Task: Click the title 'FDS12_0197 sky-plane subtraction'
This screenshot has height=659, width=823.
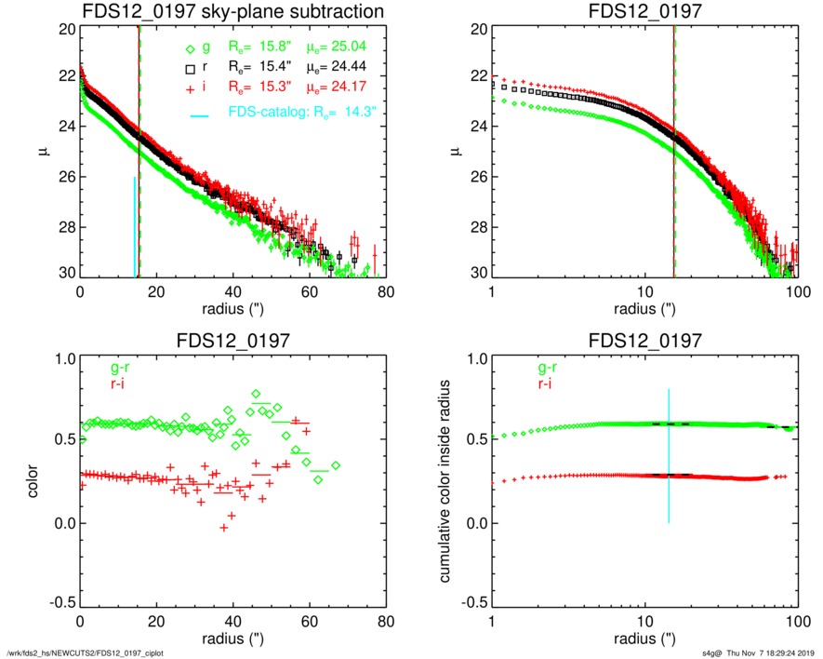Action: coord(232,12)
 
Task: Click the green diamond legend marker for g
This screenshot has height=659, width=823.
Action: coord(191,49)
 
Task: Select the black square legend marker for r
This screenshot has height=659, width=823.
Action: coord(191,70)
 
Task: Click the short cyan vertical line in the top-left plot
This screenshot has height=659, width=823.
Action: coord(135,226)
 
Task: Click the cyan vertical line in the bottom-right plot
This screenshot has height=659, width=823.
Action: coord(669,456)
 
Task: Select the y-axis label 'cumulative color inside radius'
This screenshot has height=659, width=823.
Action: coord(447,484)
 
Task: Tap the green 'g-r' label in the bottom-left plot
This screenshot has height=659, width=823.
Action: coord(97,368)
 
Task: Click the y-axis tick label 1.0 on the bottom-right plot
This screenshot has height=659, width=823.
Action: coord(471,358)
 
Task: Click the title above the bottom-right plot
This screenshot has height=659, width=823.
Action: coord(644,341)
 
